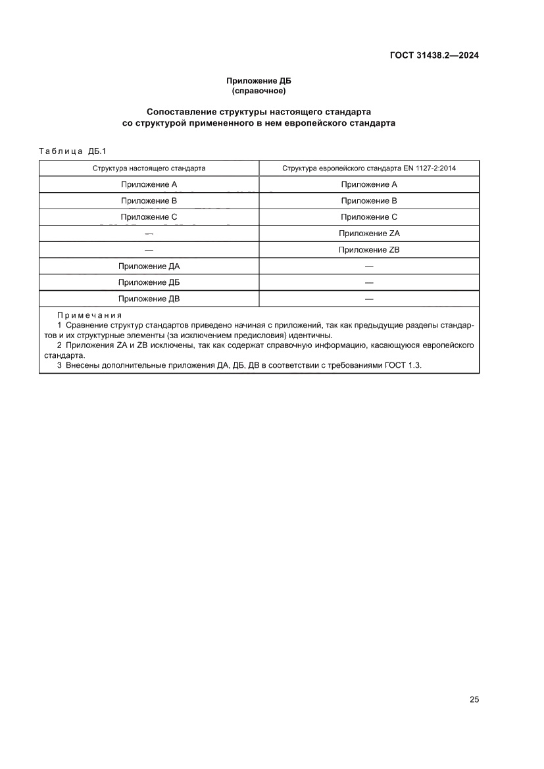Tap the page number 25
474,699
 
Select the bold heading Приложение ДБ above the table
259,82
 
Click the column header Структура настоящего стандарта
149,168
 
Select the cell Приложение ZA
369,234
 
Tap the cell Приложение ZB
369,250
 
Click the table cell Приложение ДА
149,266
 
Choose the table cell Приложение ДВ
149,299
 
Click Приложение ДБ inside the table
149,283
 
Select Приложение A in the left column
149,185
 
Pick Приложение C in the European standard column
369,217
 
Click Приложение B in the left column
149,201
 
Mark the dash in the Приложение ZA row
149,234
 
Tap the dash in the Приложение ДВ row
369,299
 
